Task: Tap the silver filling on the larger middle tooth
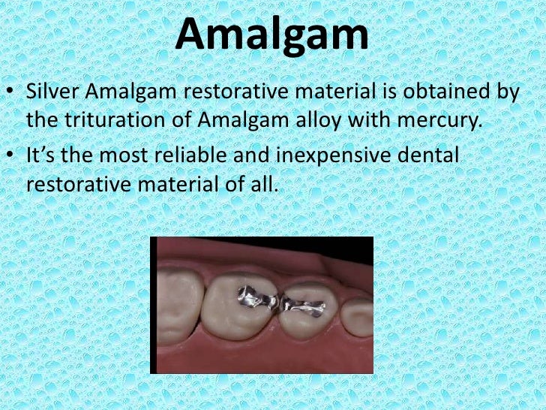(x=252, y=300)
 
